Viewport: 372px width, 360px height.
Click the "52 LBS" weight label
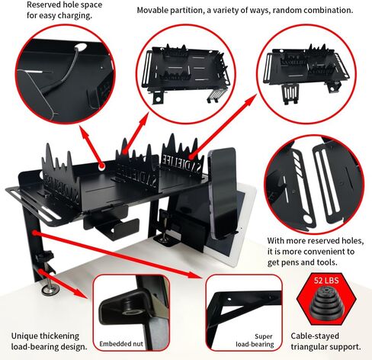coord(326,281)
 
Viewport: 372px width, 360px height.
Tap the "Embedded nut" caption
coord(121,344)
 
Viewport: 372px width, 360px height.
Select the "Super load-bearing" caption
coord(255,340)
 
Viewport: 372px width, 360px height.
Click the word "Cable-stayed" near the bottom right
coord(315,336)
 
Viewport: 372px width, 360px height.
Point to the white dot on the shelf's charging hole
coord(102,166)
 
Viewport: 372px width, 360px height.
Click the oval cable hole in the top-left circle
coord(81,47)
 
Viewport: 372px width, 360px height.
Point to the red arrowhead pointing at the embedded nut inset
coord(80,294)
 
